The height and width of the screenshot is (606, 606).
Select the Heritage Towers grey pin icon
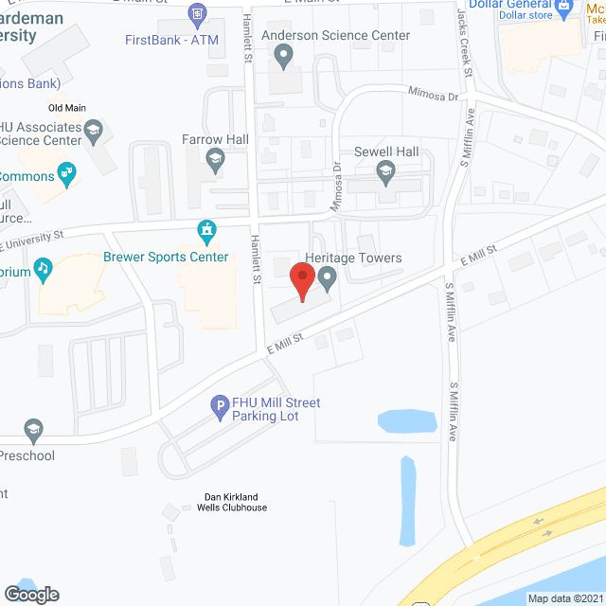[328, 278]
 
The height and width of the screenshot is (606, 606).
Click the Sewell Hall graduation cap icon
[385, 171]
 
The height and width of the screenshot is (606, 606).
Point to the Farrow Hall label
[215, 139]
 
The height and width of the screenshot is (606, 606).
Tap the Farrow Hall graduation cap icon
[215, 159]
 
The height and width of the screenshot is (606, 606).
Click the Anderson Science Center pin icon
[283, 56]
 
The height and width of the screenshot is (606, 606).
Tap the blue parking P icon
[219, 408]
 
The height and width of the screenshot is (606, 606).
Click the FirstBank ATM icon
[198, 13]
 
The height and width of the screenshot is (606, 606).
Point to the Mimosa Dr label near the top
[433, 95]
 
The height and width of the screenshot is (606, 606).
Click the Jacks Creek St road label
[462, 28]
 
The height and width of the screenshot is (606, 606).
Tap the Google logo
[31, 594]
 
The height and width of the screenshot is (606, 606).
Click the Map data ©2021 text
[564, 598]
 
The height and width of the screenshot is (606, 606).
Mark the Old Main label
[67, 108]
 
